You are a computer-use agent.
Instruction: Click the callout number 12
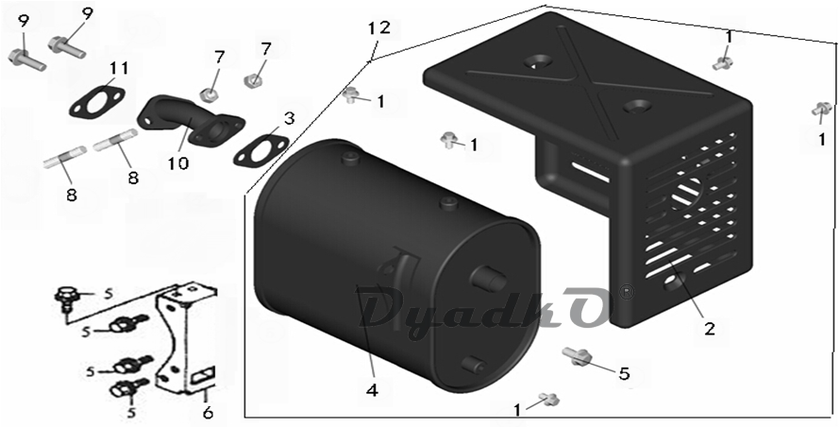coord(378,28)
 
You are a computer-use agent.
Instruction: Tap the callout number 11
coord(120,68)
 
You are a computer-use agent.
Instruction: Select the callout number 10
coord(177,163)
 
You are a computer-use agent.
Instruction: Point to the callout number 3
coord(290,118)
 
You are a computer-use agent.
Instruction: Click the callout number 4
coord(372,390)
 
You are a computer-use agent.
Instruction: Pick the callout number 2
coord(710,328)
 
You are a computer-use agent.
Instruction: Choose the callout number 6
coord(208,412)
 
